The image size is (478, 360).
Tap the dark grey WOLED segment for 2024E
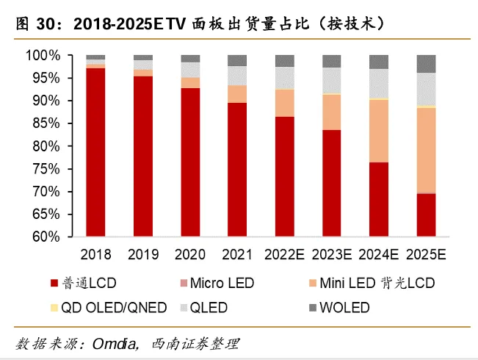[379, 62]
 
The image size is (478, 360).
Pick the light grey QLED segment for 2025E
[426, 89]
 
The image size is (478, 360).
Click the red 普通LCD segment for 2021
[237, 170]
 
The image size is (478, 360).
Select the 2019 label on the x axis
[143, 256]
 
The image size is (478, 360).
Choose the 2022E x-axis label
[285, 256]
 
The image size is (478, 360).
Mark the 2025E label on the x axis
[427, 256]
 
